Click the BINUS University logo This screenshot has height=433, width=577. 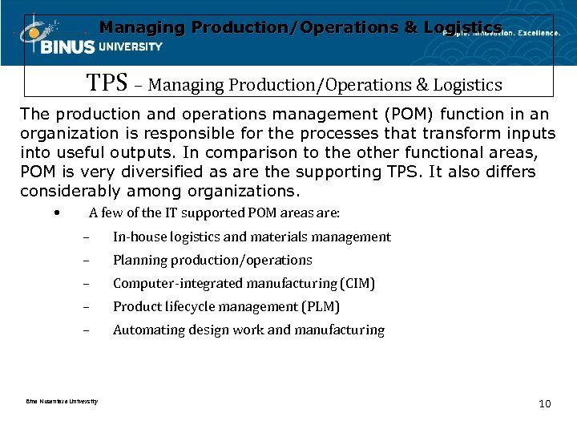point(88,40)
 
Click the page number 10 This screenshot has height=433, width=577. point(545,403)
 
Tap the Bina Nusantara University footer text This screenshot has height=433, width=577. point(62,401)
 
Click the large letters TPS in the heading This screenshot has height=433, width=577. point(107,83)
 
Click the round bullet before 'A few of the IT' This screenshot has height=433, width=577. point(54,213)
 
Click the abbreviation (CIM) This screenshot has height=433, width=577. point(357,283)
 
